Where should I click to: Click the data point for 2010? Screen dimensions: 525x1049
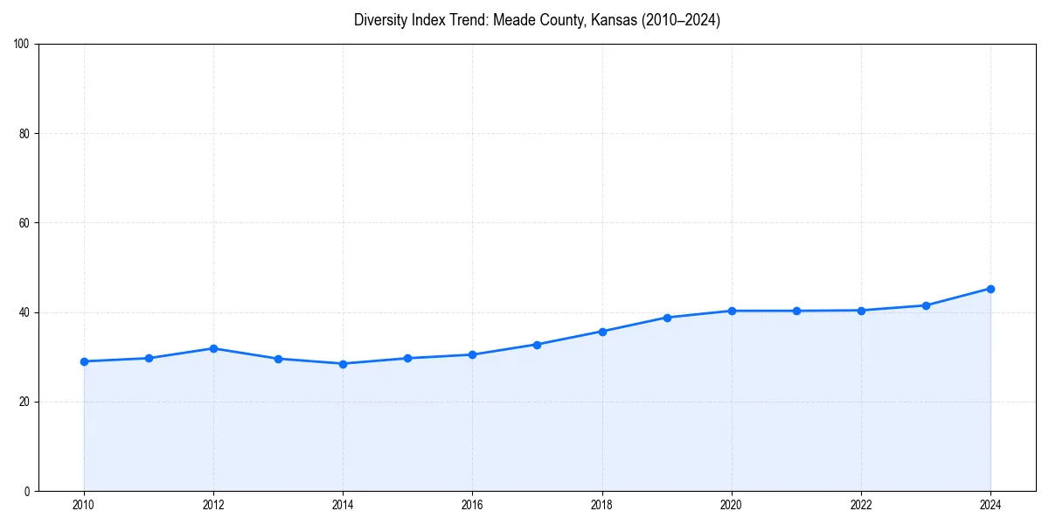(x=84, y=361)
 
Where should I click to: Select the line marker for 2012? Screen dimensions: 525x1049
(x=213, y=348)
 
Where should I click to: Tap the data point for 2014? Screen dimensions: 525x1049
(x=343, y=364)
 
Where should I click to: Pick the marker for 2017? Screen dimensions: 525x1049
(x=537, y=345)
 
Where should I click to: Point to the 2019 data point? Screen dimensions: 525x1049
(x=667, y=318)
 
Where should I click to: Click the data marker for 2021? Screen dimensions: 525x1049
(x=796, y=311)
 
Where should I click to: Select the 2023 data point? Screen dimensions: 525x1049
(x=926, y=305)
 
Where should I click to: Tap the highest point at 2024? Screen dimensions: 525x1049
(x=990, y=289)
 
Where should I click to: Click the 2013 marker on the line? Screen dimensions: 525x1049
(x=278, y=359)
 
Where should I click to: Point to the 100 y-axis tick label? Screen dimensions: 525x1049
(x=23, y=45)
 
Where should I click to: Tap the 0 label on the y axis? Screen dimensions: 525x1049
(x=28, y=491)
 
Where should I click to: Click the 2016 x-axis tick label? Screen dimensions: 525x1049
(x=472, y=505)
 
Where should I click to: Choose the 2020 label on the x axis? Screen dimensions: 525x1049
(x=732, y=505)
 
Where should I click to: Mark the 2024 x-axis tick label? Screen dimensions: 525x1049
(x=990, y=505)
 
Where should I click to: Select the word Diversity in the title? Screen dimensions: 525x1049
(x=381, y=20)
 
